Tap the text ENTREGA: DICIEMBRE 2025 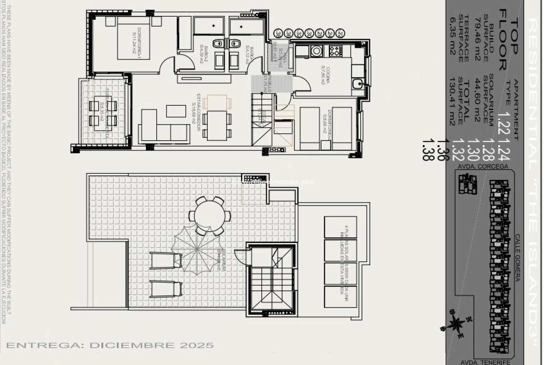110,345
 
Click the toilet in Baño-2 219,44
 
